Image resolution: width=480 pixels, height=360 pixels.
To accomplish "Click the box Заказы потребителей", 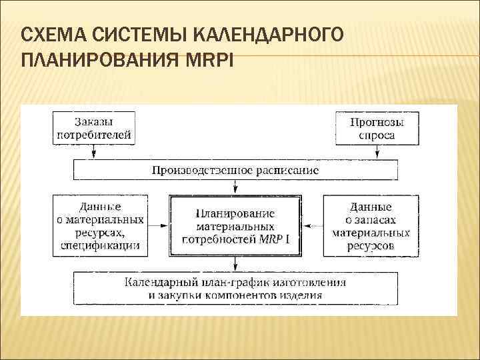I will tap(94, 129).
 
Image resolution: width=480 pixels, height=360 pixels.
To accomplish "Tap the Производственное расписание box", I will tap(235, 169).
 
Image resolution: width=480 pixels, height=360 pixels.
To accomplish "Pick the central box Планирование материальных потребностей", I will tap(235, 226).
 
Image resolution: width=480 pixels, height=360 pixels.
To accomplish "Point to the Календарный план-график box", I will tap(235, 288).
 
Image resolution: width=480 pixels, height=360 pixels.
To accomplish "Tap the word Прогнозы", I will tap(377, 122).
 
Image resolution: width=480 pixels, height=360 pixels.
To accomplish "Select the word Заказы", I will tap(94, 122).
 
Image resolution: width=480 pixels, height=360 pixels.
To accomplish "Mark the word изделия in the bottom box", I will tap(301, 295).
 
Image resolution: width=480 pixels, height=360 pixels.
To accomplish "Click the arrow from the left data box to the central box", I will tap(157, 226).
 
